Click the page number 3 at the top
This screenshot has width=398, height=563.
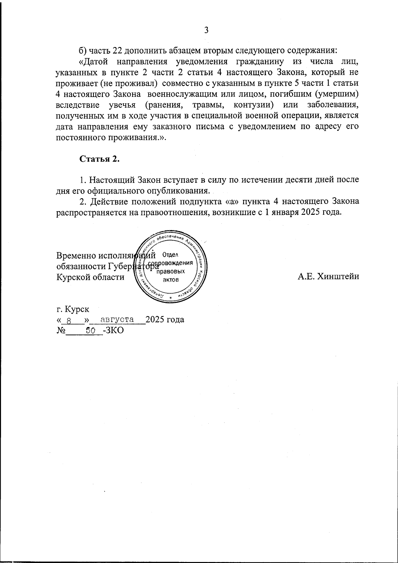coord(206,30)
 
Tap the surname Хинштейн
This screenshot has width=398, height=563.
coord(338,277)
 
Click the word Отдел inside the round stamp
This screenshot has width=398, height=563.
coord(171,255)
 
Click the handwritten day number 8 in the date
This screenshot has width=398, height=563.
coord(69,321)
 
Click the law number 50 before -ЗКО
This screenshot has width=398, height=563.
coord(91,330)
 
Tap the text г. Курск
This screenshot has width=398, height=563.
coord(73,309)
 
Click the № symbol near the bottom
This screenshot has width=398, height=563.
coord(61,330)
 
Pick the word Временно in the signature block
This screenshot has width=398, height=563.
coord(76,256)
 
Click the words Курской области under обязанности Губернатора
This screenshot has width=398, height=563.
coord(91,277)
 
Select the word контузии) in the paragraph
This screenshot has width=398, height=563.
coord(253,105)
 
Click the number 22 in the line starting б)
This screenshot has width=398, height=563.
coord(118,51)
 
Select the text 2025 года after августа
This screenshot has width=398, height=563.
coord(165,320)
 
